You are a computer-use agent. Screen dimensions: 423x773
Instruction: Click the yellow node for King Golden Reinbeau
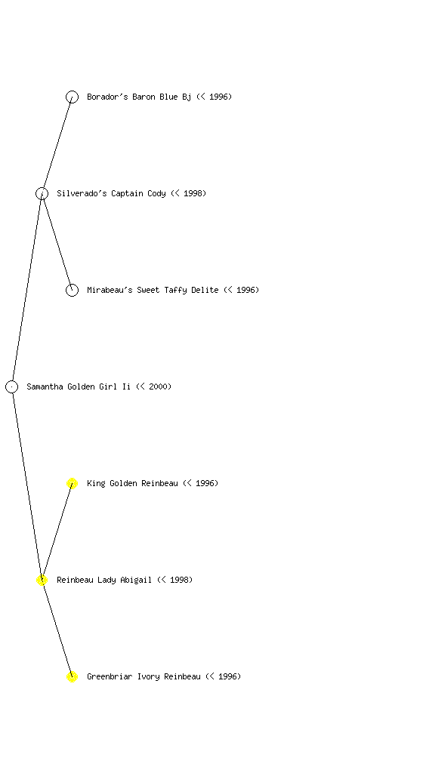click(72, 483)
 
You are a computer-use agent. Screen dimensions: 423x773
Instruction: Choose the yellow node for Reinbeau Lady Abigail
click(42, 580)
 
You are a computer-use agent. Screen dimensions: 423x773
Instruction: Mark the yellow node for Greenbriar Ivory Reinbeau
click(72, 676)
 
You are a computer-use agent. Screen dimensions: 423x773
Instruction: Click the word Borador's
click(107, 97)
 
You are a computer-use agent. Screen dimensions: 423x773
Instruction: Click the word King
click(96, 483)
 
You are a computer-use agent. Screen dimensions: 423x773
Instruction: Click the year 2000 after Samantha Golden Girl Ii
click(158, 386)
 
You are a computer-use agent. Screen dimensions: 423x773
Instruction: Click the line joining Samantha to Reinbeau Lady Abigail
click(26, 483)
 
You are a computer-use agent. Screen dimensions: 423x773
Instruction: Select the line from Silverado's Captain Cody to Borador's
click(57, 145)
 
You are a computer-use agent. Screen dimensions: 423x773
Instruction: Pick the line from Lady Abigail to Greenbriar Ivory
click(57, 628)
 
